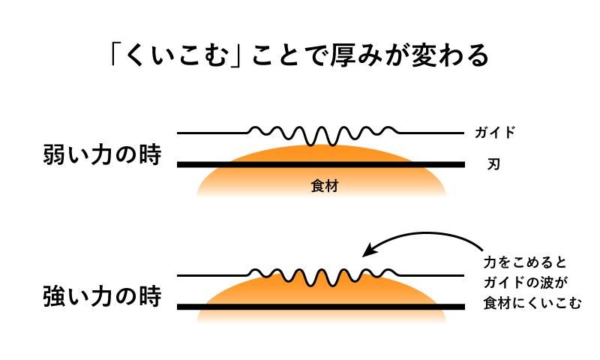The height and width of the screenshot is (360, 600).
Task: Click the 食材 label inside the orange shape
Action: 324,186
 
